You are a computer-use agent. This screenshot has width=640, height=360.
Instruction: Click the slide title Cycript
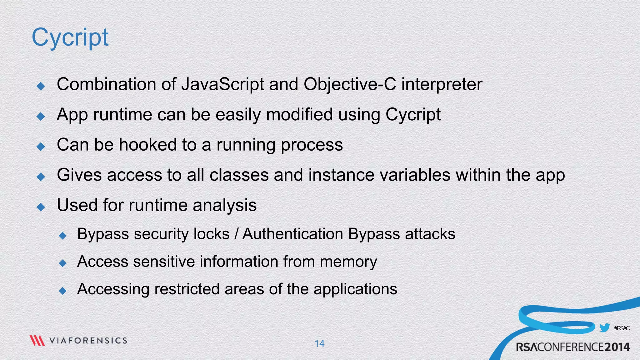(70, 37)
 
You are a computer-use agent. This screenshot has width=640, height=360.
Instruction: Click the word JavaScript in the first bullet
(222, 84)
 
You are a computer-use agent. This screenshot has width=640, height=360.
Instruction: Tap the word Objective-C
(350, 84)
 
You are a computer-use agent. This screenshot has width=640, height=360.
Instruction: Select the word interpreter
(442, 84)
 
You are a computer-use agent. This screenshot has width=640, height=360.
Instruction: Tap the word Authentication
(293, 234)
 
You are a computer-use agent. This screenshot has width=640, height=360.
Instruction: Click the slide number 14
(319, 343)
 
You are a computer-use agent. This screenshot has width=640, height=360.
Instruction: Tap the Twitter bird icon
(604, 328)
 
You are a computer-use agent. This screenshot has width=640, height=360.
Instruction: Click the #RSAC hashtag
(622, 328)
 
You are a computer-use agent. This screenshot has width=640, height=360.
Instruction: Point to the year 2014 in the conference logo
(617, 347)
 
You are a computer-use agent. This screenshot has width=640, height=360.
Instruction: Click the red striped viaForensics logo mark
(37, 340)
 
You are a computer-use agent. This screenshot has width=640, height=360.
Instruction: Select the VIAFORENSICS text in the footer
(88, 341)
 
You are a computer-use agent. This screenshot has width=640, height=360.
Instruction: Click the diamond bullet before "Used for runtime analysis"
(41, 207)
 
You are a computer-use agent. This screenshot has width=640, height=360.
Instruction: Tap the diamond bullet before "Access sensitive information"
(63, 263)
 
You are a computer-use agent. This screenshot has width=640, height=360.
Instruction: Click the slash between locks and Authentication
(236, 234)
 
